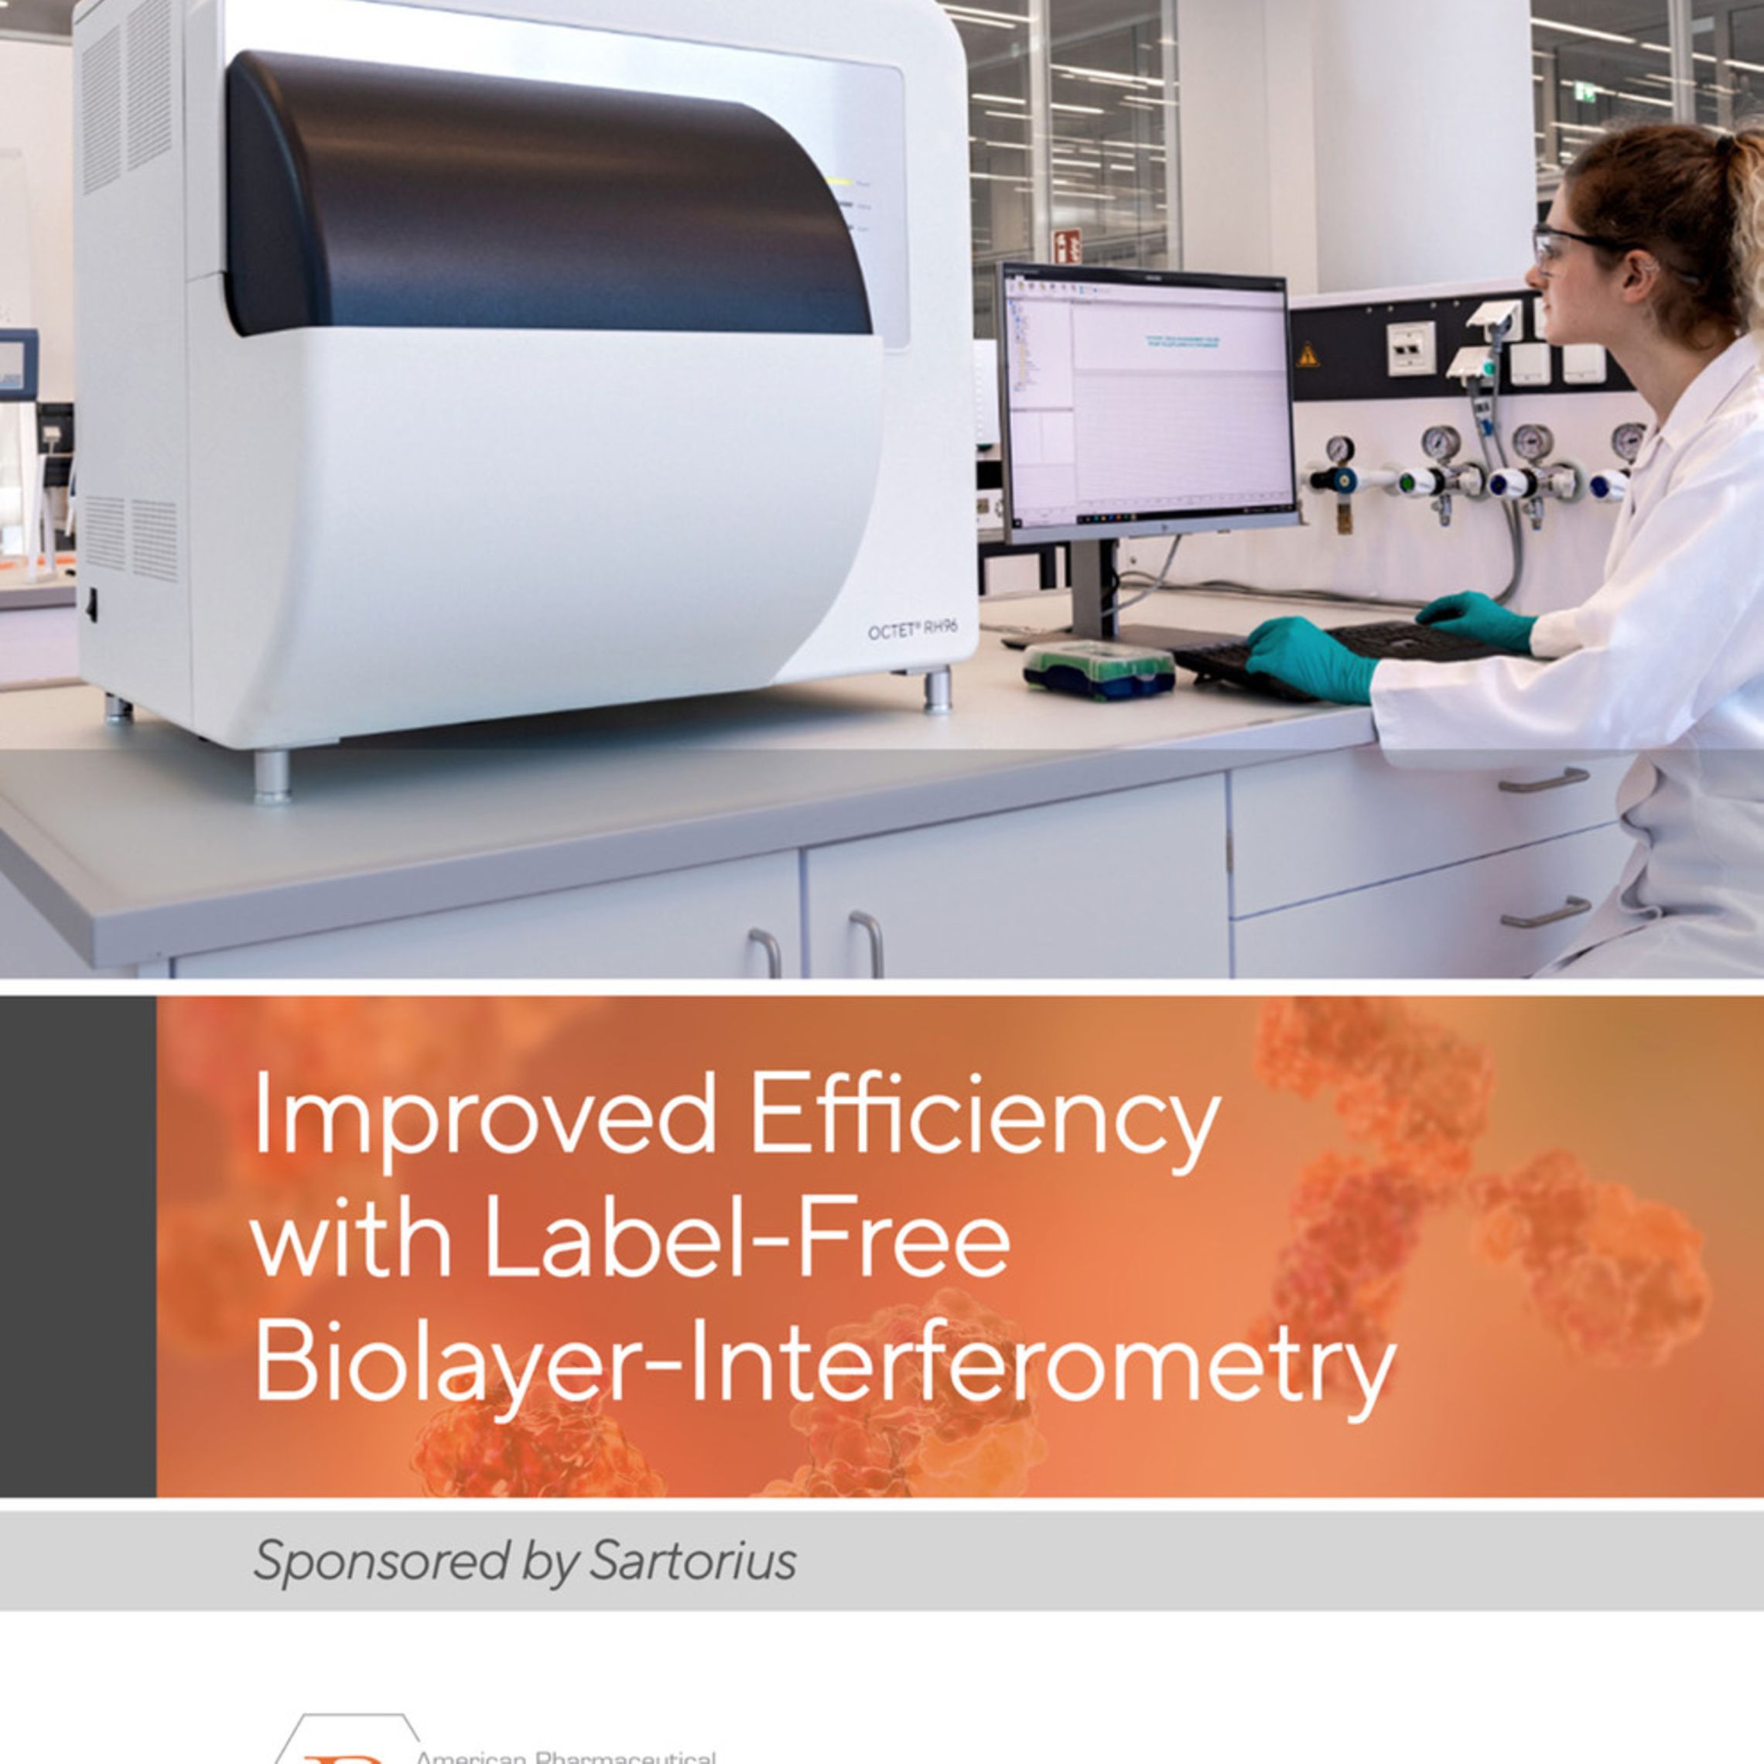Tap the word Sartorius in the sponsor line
point(693,1561)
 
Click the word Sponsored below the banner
point(380,1562)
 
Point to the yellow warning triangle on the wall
point(1308,354)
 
